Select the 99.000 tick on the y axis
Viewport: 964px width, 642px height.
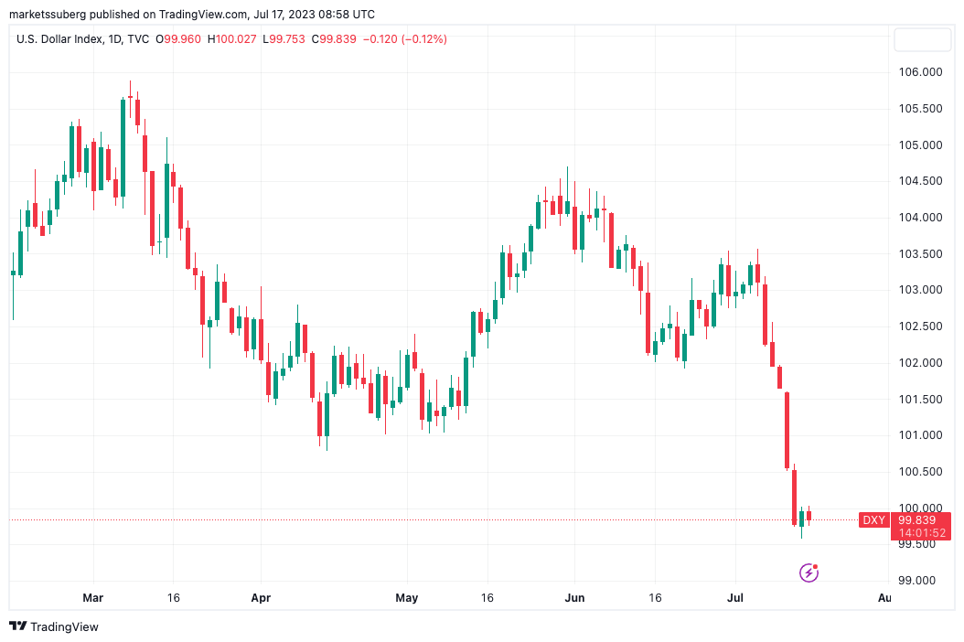click(x=916, y=581)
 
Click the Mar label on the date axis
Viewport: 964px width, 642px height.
click(x=92, y=598)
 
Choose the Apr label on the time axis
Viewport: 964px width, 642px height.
click(x=261, y=598)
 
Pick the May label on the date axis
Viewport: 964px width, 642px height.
click(x=406, y=598)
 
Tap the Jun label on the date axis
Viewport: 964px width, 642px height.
click(x=574, y=598)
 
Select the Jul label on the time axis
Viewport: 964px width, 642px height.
click(x=735, y=598)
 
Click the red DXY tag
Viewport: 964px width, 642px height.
click(x=873, y=520)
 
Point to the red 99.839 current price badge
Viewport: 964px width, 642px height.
click(x=921, y=519)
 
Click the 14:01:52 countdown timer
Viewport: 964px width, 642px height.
click(x=921, y=533)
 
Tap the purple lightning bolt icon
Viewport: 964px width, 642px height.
click(x=809, y=573)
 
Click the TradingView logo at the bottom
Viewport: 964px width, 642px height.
click(x=54, y=626)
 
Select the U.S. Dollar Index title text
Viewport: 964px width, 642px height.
click(x=60, y=39)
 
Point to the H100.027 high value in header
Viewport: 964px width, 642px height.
click(x=232, y=39)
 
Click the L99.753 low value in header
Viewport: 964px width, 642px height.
click(x=284, y=39)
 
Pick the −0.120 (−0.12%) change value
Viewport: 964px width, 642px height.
click(x=405, y=39)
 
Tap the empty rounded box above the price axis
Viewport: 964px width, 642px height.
click(x=921, y=39)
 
